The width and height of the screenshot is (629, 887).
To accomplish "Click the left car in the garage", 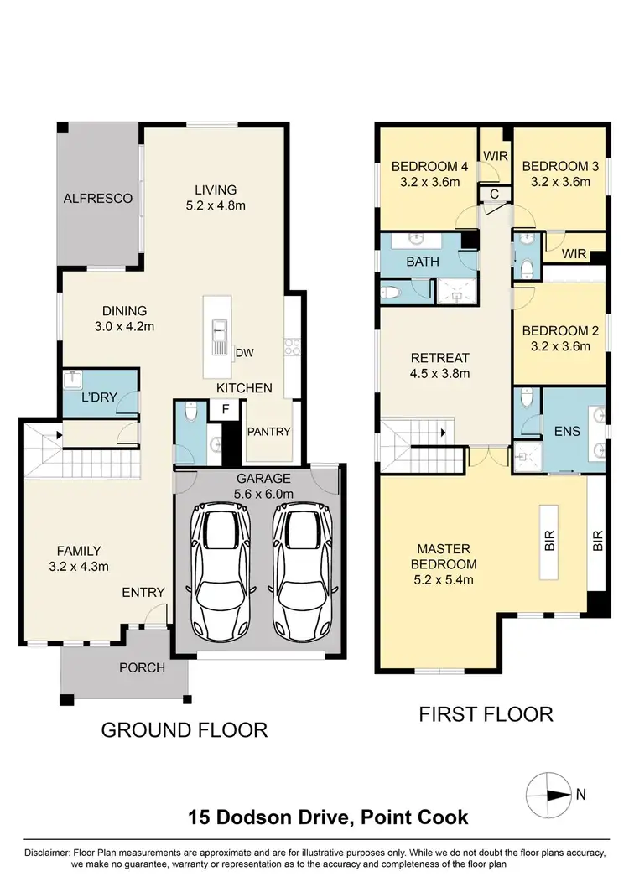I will (220, 573).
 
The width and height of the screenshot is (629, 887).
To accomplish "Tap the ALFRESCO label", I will (98, 199).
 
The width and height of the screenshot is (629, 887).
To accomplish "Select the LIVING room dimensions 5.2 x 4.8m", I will (216, 205).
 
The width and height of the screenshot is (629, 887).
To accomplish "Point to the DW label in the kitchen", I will (244, 353).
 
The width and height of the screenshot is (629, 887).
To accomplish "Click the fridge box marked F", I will (226, 411).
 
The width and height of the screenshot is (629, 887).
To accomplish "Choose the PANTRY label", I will (268, 432).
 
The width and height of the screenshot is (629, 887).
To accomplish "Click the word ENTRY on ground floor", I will (143, 592).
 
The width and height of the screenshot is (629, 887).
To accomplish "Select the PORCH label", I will (142, 668).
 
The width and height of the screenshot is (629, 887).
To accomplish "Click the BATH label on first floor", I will (423, 262).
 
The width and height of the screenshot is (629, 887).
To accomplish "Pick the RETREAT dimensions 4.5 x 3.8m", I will (439, 374).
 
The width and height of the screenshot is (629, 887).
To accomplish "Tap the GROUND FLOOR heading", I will (184, 729).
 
